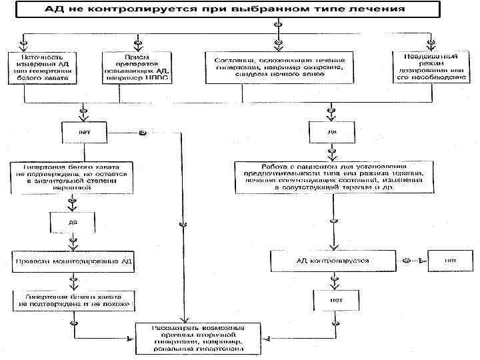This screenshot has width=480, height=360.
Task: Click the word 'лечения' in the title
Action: click(382, 10)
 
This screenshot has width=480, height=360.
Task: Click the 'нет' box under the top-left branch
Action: click(85, 132)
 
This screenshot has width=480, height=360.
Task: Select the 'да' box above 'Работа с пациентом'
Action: click(332, 132)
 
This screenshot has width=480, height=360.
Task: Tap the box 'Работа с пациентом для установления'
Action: click(334, 176)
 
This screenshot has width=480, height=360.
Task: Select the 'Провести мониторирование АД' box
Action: click(74, 261)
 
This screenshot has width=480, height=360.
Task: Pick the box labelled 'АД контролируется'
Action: click(333, 260)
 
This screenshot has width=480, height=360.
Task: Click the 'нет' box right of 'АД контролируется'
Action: click(451, 260)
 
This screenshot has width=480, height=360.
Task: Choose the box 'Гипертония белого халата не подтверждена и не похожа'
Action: click(74, 300)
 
